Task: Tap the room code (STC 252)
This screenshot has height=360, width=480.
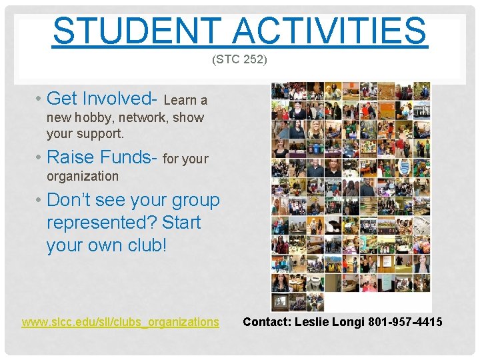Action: tap(239, 60)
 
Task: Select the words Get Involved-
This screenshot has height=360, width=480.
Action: tap(102, 99)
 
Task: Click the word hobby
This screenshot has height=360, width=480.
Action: tap(95, 118)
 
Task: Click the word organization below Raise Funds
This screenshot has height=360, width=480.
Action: tap(83, 177)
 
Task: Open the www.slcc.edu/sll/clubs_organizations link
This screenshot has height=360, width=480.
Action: tap(120, 322)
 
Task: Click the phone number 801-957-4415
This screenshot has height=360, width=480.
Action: tap(405, 322)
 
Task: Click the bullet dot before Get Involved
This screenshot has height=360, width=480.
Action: tap(39, 99)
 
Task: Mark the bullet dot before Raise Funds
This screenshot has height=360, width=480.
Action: tap(39, 158)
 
